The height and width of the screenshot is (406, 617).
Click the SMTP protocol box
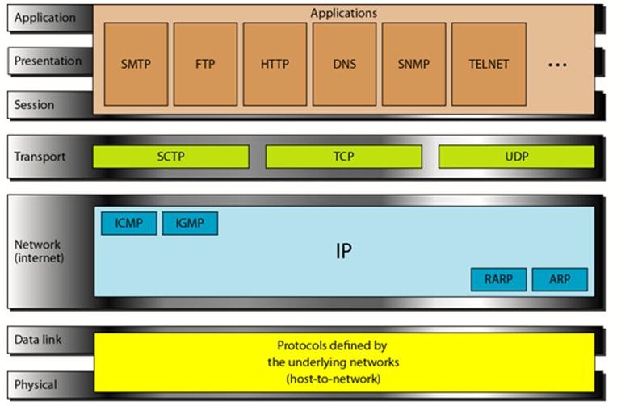point(136,64)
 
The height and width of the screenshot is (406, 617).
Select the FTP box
point(205,64)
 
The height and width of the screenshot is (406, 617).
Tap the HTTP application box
point(275,64)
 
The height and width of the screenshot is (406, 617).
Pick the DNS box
point(344,64)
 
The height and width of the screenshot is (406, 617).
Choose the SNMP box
point(413,64)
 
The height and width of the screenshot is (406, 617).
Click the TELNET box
point(489,64)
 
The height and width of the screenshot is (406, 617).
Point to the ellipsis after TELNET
point(558,65)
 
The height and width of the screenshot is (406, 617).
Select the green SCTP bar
point(170,157)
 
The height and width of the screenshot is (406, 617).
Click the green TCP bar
point(342,157)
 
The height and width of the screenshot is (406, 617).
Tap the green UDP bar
point(516,157)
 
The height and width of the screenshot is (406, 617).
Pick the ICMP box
point(128,224)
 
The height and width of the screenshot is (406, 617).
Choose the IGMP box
point(190,224)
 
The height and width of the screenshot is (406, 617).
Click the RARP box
point(498,279)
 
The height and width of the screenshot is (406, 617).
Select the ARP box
point(560,279)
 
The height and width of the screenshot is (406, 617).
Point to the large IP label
point(344,251)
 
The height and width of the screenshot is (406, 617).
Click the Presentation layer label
point(48,61)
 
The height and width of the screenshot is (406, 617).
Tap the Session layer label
point(35,105)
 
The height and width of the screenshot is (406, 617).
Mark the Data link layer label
point(38,341)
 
